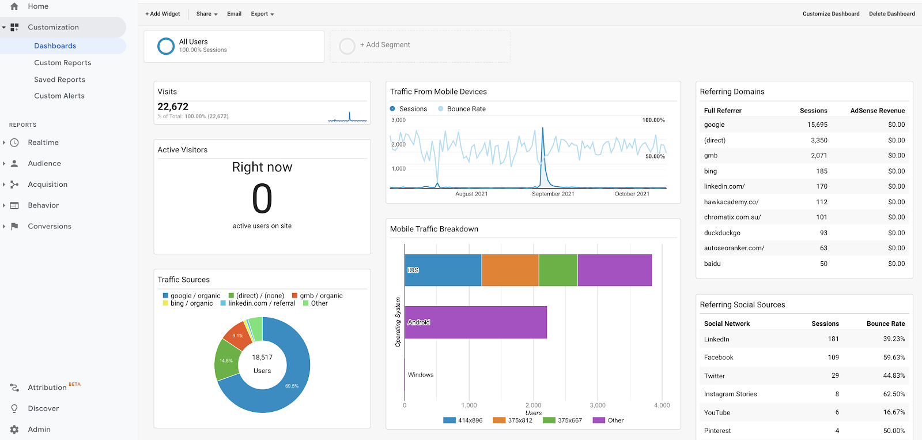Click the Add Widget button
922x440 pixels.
pyautogui.click(x=163, y=14)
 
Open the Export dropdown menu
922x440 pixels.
pyautogui.click(x=262, y=14)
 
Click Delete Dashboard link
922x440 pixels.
pyautogui.click(x=891, y=14)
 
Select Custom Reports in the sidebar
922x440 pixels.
pyautogui.click(x=62, y=63)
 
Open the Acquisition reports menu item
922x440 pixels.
pyautogui.click(x=47, y=185)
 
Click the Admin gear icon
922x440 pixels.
pyautogui.click(x=14, y=430)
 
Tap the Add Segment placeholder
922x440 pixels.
pyautogui.click(x=384, y=45)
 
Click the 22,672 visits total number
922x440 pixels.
pyautogui.click(x=173, y=107)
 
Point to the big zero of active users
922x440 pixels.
pyautogui.click(x=262, y=199)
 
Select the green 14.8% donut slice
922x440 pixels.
pyautogui.click(x=225, y=360)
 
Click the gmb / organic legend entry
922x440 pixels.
pyautogui.click(x=320, y=296)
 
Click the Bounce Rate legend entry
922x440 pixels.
pyautogui.click(x=466, y=109)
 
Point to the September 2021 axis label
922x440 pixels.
pyautogui.click(x=553, y=194)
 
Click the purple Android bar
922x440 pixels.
pyautogui.click(x=475, y=322)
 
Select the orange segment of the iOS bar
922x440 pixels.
pyautogui.click(x=510, y=270)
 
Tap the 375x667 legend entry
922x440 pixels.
pyautogui.click(x=569, y=420)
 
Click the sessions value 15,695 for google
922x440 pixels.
pyautogui.click(x=817, y=125)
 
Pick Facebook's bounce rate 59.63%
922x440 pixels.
pyautogui.click(x=894, y=358)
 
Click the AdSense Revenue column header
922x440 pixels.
pyautogui.click(x=877, y=111)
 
